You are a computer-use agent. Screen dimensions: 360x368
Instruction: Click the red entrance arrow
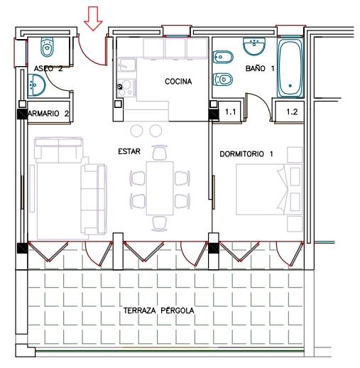point(93,18)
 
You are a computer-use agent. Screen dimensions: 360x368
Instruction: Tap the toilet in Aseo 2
point(48,47)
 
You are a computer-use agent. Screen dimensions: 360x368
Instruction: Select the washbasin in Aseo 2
point(36,85)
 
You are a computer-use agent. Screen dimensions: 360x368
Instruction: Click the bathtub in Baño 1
point(290,67)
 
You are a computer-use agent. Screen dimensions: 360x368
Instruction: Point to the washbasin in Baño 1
point(254,46)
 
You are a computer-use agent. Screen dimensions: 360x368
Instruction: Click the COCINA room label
point(178,82)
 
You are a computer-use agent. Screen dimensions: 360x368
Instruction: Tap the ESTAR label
point(129,151)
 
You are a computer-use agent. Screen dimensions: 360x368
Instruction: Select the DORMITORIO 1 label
point(246,154)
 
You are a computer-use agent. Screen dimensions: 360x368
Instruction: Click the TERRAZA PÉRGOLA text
point(159,310)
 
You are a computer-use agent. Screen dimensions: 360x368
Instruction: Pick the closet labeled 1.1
point(230,112)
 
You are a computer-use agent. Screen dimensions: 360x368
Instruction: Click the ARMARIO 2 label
point(48,114)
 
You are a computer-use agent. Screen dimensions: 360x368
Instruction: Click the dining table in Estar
point(160,188)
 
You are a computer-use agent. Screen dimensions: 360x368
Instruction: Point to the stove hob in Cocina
point(126,87)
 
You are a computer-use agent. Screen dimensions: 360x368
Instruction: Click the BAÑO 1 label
point(260,68)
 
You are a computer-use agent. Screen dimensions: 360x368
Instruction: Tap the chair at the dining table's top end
point(160,152)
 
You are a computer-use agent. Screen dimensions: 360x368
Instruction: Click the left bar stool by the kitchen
point(137,131)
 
